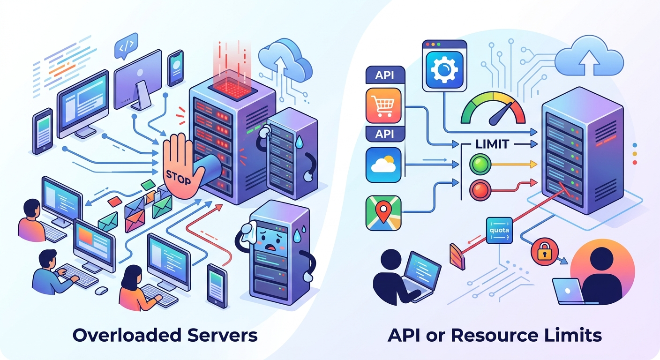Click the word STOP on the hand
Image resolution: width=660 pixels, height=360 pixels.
(x=178, y=177)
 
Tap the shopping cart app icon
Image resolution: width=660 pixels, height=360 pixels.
(x=383, y=105)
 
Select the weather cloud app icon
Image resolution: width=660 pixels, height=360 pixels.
(x=383, y=165)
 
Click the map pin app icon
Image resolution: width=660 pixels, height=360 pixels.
(x=383, y=213)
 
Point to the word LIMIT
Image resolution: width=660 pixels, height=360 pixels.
(x=492, y=144)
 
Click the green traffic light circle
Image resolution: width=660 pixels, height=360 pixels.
(x=480, y=164)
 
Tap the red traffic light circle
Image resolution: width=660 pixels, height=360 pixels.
(x=480, y=190)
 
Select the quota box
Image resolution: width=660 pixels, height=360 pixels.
(x=499, y=230)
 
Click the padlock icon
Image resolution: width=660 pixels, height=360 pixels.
(x=544, y=252)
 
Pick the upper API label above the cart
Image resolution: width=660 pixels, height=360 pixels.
(x=384, y=75)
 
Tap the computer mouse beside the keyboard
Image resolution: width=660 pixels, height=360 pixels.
(x=101, y=290)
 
